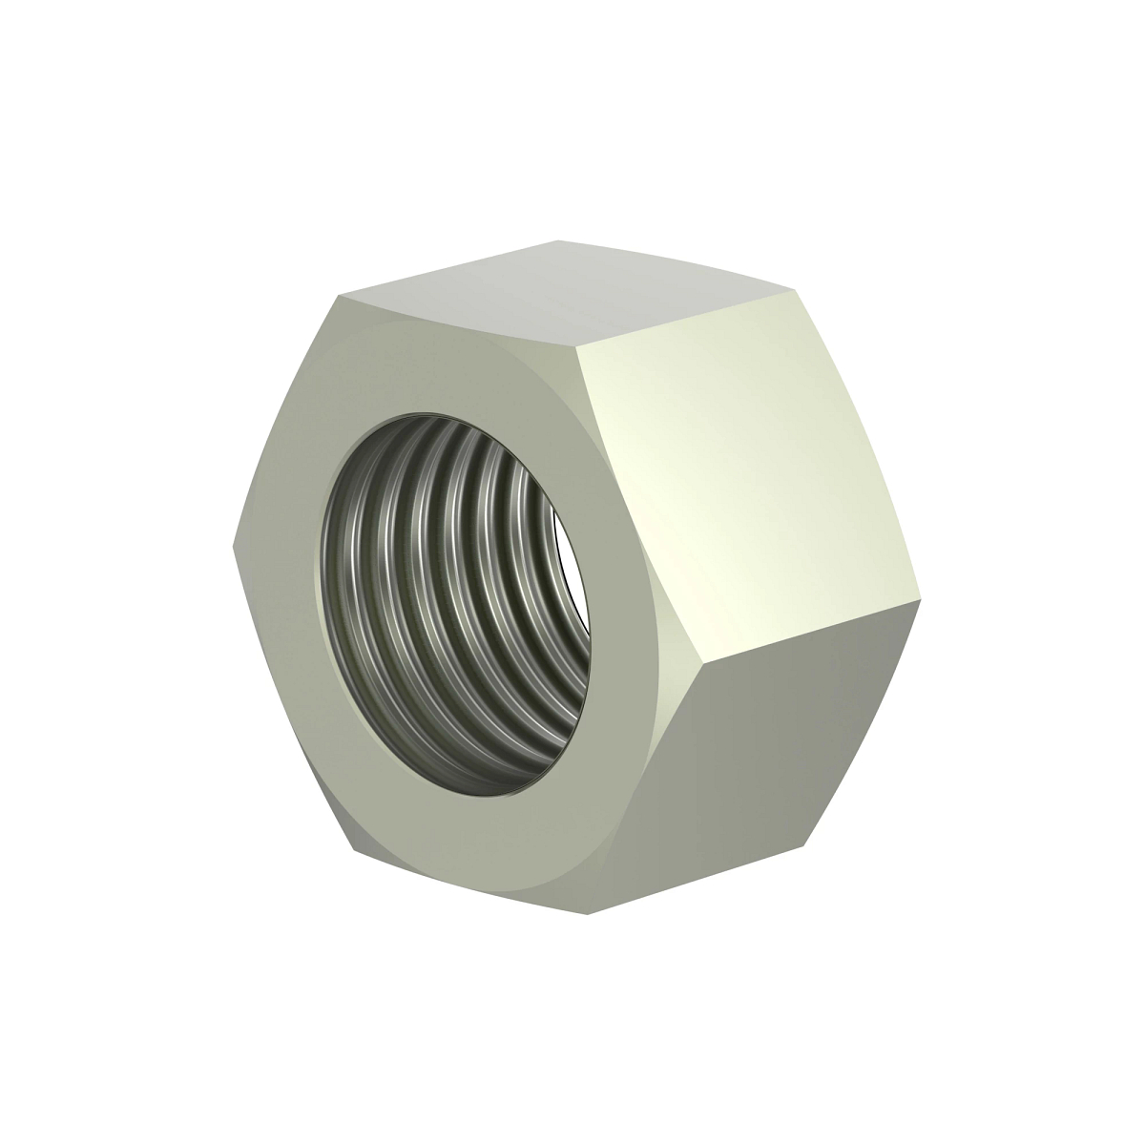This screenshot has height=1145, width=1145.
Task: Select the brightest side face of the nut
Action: pos(754,477)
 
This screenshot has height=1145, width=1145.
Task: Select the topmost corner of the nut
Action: pos(552,241)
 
